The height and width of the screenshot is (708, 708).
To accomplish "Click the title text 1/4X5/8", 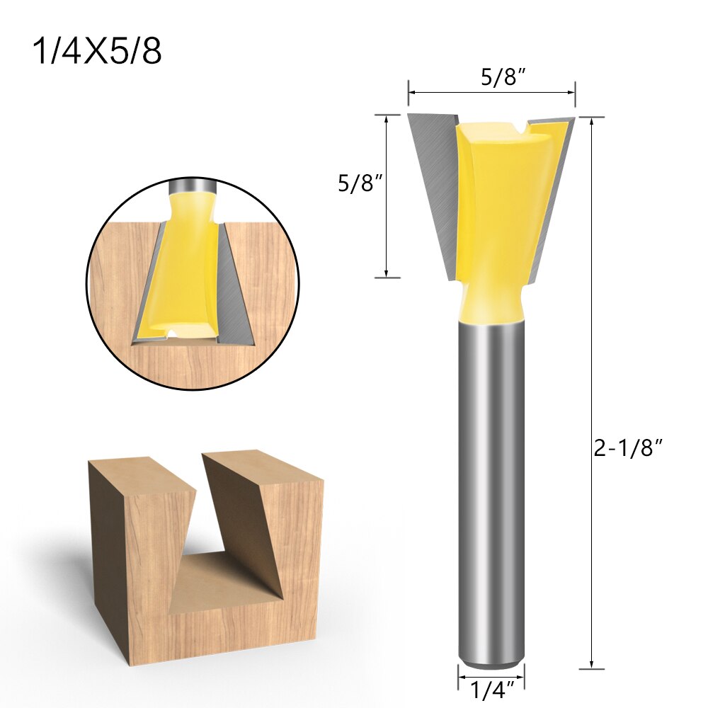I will pyautogui.click(x=98, y=52).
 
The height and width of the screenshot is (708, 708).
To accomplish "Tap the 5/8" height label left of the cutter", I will pyautogui.click(x=360, y=183).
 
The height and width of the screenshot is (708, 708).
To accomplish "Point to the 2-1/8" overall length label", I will pyautogui.click(x=628, y=449).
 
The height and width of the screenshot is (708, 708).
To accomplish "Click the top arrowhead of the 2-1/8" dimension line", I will pyautogui.click(x=591, y=120).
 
